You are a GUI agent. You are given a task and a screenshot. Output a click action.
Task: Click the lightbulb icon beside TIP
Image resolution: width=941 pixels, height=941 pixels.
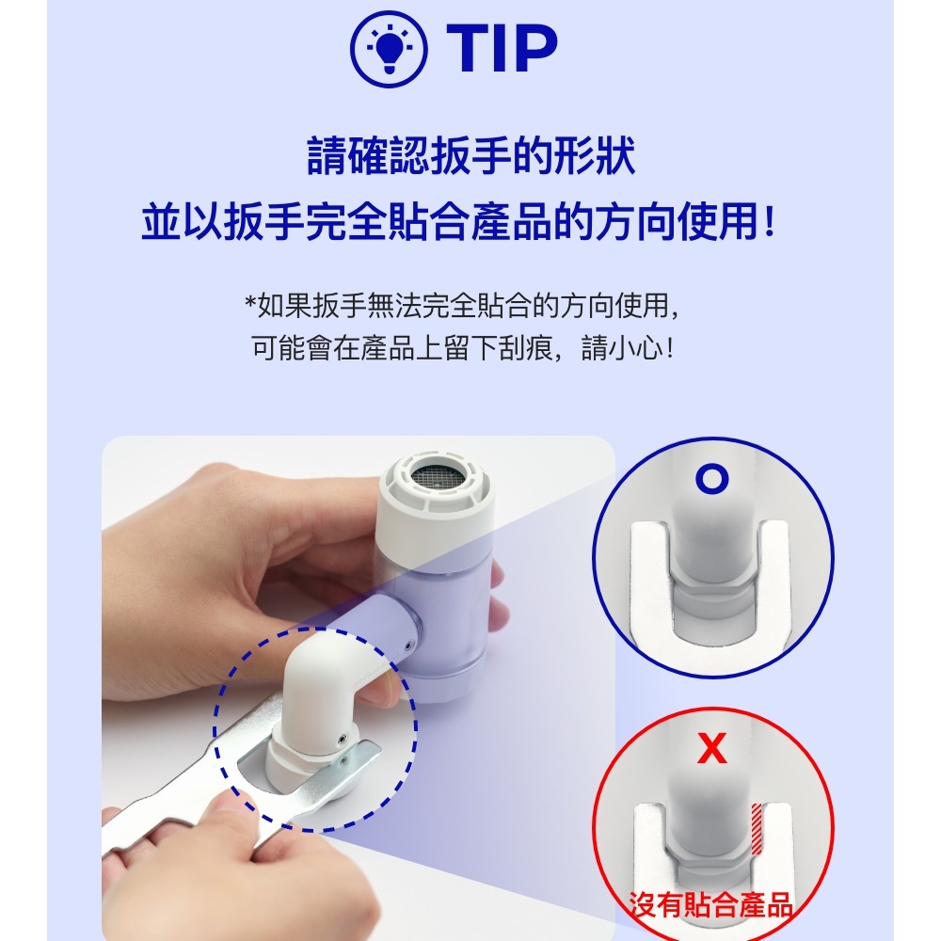389,49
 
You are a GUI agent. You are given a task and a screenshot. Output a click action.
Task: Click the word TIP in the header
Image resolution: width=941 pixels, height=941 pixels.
502,49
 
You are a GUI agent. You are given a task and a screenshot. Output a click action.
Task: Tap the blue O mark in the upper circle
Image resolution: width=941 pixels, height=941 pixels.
712,480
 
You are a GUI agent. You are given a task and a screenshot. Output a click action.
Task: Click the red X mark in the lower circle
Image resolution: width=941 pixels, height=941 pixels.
712,748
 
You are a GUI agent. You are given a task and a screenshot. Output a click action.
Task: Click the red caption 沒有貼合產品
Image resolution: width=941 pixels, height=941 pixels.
710,905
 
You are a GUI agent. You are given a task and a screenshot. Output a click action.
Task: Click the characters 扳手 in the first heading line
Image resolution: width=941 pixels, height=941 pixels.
471,156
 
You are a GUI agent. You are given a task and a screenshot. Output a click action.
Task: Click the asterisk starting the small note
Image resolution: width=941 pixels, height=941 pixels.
250,301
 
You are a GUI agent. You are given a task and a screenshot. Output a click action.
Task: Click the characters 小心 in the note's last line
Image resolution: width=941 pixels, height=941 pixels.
635,347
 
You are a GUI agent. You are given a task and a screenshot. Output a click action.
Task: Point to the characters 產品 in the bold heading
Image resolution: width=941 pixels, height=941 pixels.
511,222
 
